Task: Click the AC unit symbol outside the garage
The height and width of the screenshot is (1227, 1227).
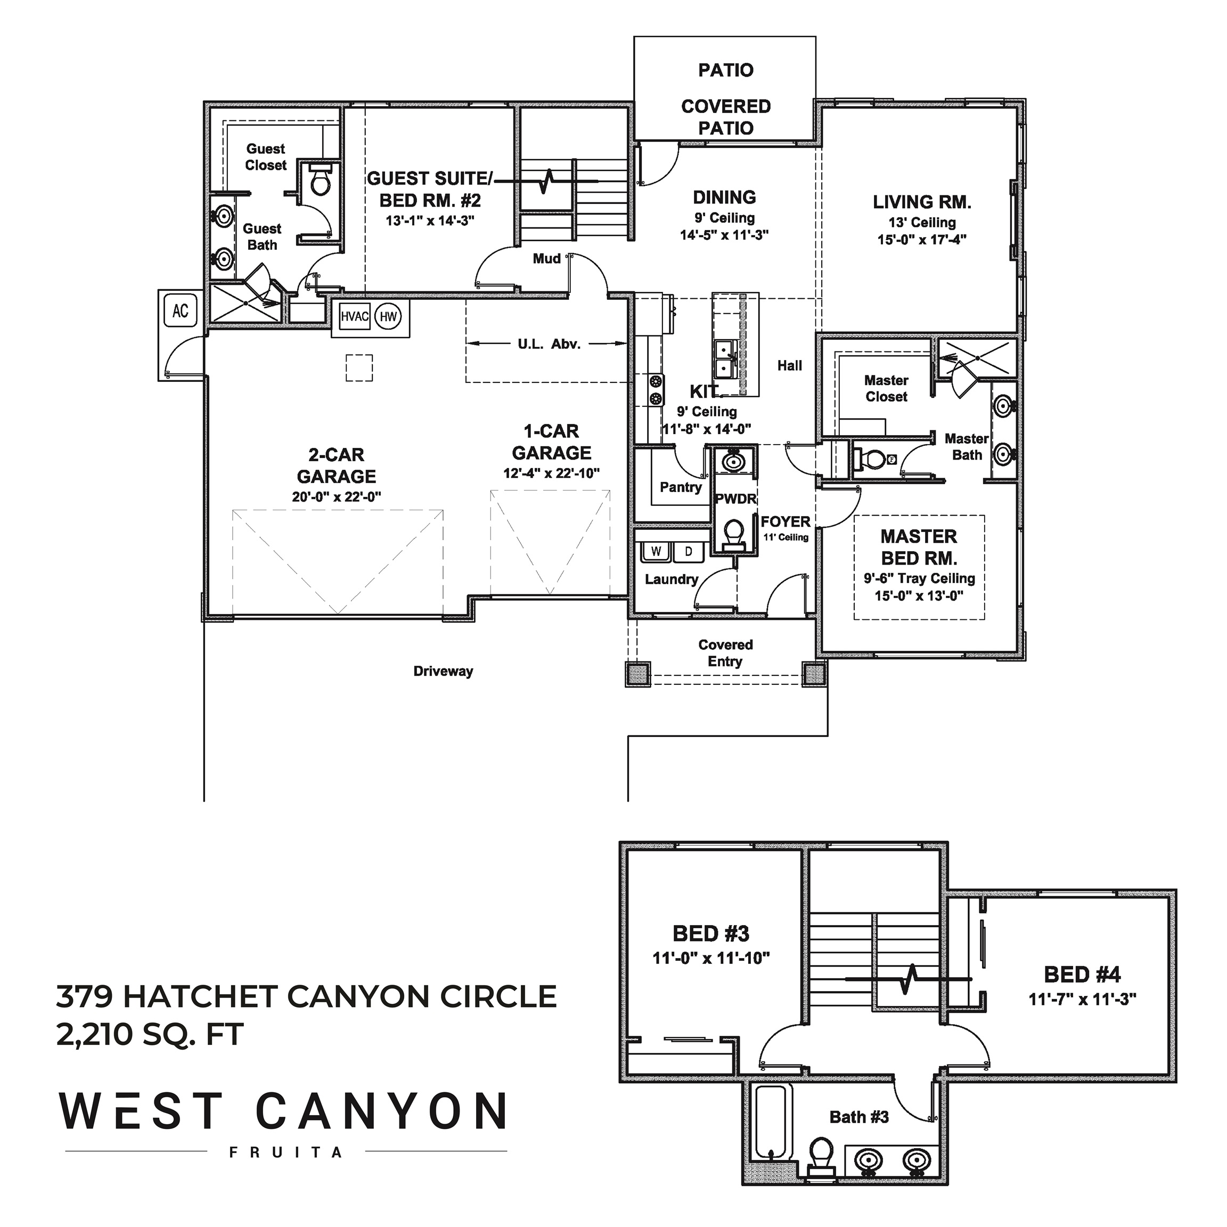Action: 181,310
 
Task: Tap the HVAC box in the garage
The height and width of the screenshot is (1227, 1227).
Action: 354,316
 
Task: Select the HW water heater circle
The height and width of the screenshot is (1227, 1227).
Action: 388,316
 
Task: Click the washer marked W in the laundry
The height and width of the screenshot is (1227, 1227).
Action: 656,551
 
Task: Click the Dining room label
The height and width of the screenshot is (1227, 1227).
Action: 725,197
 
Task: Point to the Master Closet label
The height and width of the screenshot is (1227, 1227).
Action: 886,389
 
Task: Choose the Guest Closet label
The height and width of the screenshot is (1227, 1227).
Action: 265,157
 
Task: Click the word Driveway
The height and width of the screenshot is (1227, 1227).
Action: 443,672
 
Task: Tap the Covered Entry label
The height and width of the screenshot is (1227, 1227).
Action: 725,653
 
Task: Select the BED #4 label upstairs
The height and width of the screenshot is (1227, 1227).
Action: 1082,974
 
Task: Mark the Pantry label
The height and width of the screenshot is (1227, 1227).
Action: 681,488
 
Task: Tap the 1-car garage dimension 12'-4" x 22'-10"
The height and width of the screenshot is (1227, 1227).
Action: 551,473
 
